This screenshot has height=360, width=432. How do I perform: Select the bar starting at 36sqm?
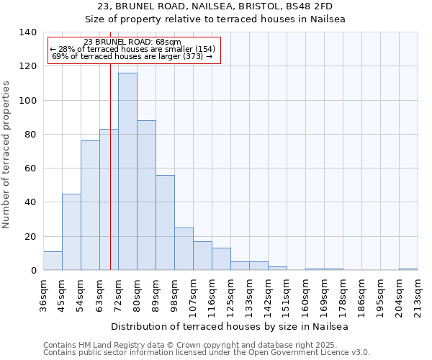pos(53,261)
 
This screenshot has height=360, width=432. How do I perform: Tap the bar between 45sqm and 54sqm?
pos(71,232)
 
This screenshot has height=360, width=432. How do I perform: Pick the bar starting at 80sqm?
pos(146,195)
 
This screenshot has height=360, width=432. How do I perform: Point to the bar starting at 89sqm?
pos(165,222)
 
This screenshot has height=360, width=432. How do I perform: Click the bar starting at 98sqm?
pos(184,249)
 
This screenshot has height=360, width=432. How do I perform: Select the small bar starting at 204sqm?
pos(408,269)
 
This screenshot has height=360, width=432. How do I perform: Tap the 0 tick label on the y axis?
pos(32,271)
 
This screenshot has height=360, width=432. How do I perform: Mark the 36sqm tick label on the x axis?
pos(43,294)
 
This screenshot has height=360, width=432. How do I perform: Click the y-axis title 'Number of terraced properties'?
pos(7,155)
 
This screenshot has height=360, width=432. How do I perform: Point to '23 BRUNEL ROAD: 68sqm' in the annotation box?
pos(132,42)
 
